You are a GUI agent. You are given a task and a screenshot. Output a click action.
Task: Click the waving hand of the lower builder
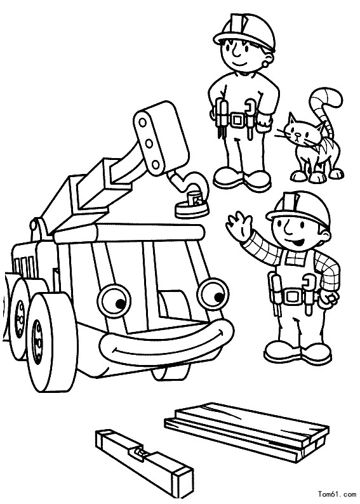[239, 223]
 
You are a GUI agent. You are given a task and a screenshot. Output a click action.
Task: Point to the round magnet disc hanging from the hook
[192, 209]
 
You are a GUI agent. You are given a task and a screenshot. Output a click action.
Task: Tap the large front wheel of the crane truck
[51, 342]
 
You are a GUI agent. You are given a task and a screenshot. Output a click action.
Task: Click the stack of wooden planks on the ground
[247, 432]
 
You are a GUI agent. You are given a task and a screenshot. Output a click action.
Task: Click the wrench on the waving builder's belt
[310, 293]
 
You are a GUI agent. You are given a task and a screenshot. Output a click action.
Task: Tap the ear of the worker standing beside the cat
[268, 56]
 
